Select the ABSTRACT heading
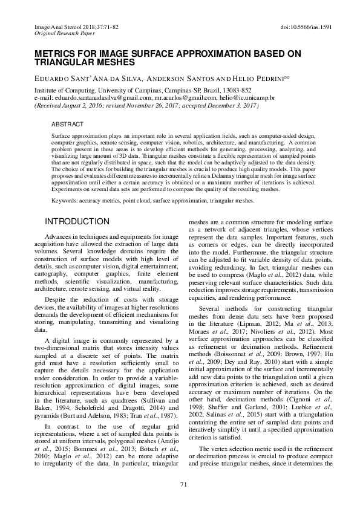67,123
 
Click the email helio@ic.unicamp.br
247,97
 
